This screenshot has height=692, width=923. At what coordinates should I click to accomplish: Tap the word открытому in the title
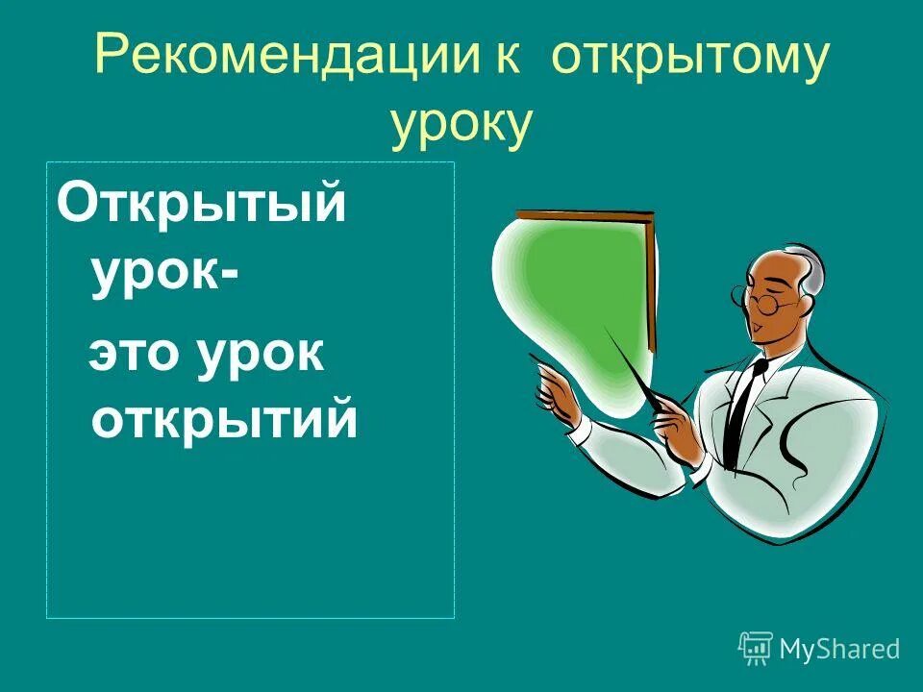[x=688, y=60]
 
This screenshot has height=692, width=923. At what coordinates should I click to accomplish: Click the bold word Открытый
[x=201, y=205]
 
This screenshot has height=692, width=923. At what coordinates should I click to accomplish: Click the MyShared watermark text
[x=839, y=649]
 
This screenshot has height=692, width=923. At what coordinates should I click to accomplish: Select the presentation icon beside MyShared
[x=756, y=648]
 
